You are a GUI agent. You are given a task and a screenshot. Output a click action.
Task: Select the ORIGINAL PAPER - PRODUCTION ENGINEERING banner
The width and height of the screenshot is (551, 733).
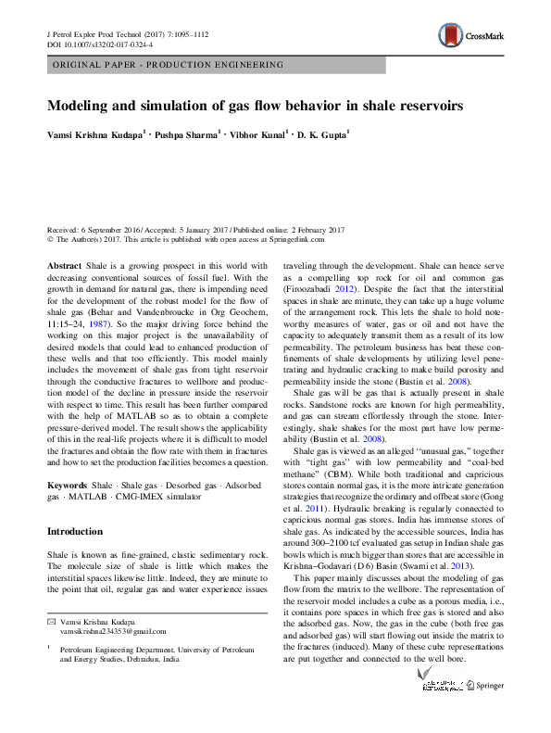[168, 66]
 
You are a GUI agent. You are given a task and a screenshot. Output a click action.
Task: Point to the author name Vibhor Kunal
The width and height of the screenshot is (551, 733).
[258, 135]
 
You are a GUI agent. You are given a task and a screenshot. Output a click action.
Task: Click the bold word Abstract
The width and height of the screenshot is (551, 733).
[64, 265]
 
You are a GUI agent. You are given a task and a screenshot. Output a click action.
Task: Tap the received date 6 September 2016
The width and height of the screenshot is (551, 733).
[120, 229]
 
